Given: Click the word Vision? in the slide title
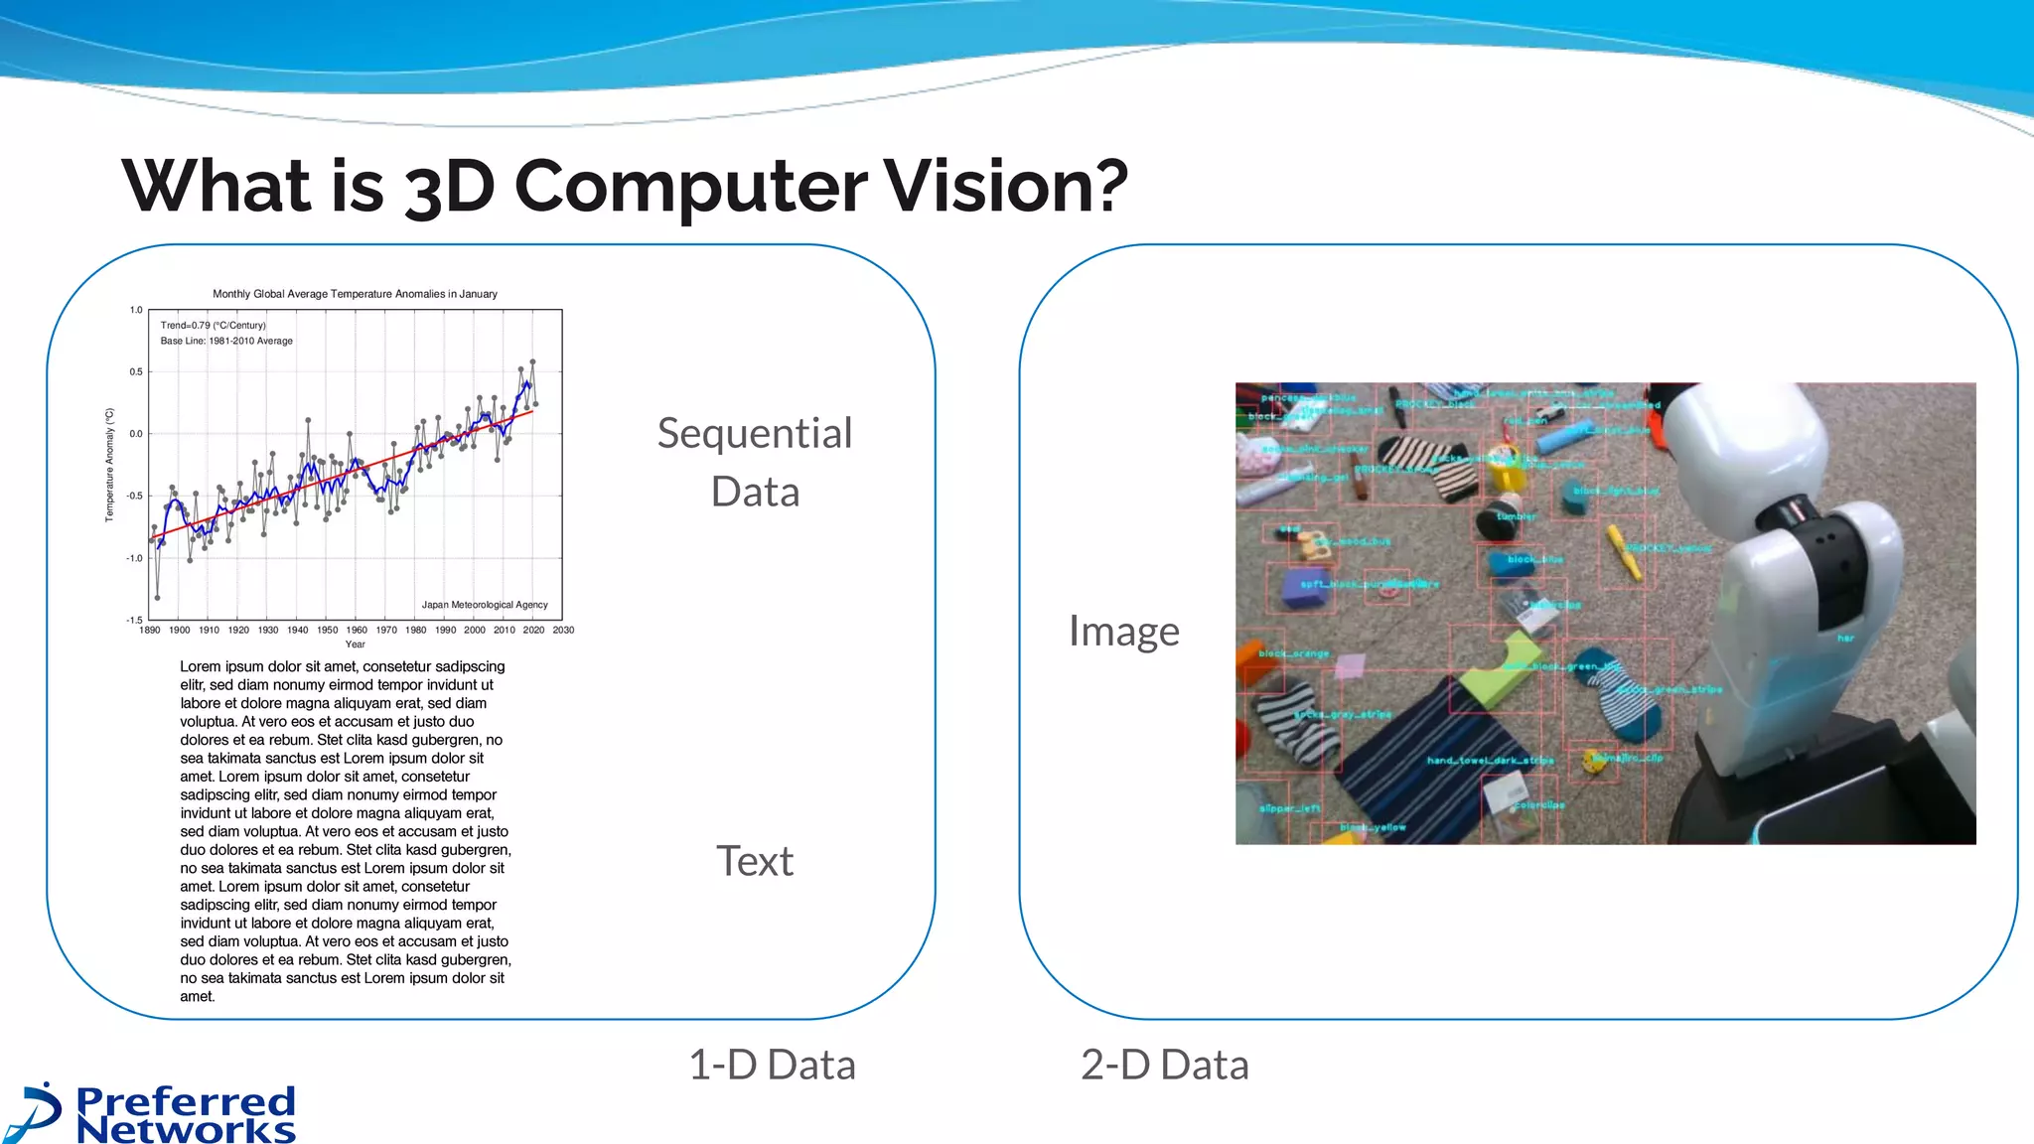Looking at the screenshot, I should [1005, 187].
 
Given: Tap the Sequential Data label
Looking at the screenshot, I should [755, 462].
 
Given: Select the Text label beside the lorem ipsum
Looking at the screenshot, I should [755, 861].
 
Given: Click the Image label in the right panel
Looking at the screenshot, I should [1123, 631].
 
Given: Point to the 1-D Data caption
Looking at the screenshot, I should [772, 1065].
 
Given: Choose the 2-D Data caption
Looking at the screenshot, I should [1164, 1065].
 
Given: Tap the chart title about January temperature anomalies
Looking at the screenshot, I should [355, 294].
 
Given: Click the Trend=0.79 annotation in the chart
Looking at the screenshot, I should [213, 325].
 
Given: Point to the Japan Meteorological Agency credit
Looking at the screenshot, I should [485, 604].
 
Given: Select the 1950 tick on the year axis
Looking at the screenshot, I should [327, 630].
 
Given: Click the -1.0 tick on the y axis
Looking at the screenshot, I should [134, 558].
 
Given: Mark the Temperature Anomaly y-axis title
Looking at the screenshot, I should [110, 465].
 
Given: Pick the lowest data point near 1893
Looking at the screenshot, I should [157, 598].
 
